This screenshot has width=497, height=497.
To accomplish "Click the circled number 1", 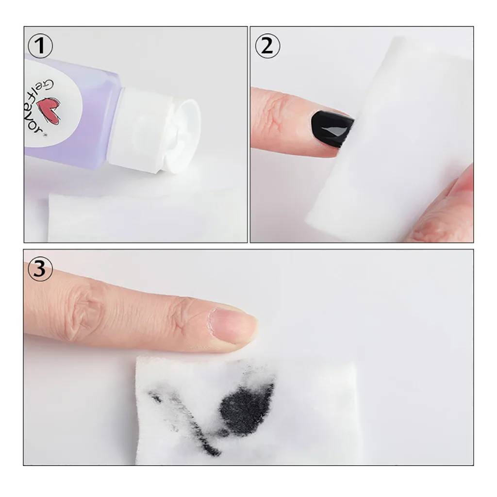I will click(40, 47).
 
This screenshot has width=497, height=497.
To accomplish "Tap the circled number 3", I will click(40, 268).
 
